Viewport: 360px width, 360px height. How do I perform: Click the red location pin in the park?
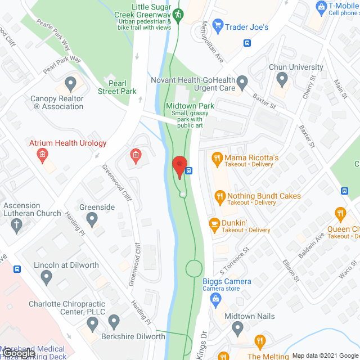pyautogui.click(x=179, y=166)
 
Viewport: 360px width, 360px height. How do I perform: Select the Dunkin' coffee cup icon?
pyautogui.click(x=214, y=223)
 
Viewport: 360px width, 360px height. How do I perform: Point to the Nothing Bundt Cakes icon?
pyautogui.click(x=219, y=196)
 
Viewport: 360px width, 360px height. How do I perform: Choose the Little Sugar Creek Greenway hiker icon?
pyautogui.click(x=178, y=14)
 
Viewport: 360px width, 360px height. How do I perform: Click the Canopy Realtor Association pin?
pyautogui.click(x=70, y=84)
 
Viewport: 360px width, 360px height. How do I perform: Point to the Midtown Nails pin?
pyautogui.click(x=237, y=327)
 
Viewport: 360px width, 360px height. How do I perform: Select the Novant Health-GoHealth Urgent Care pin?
pyautogui.click(x=242, y=82)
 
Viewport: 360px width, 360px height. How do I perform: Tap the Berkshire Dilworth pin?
pyautogui.click(x=114, y=322)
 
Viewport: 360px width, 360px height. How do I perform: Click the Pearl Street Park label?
pyautogui.click(x=117, y=87)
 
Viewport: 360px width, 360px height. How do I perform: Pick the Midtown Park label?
pyautogui.click(x=190, y=106)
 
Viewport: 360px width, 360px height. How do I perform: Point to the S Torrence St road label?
pyautogui.click(x=237, y=258)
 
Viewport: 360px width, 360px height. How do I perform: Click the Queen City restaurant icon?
pyautogui.click(x=339, y=213)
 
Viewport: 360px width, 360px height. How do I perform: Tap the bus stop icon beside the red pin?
pyautogui.click(x=189, y=171)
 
